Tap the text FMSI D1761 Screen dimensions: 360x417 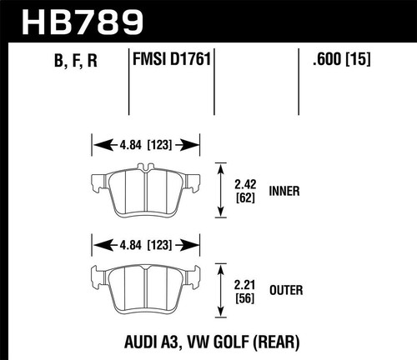(x=170, y=60)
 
